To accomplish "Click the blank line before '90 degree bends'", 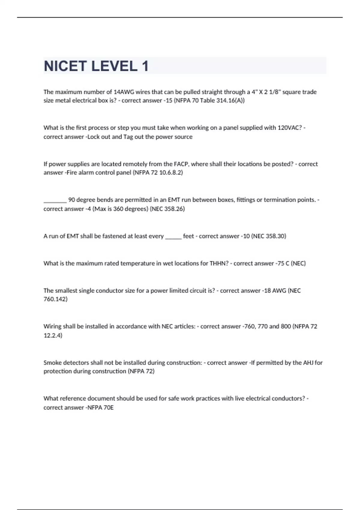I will click(55, 200).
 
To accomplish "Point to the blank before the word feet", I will click(173, 237).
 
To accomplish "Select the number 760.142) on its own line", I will click(55, 299).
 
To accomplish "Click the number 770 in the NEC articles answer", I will click(262, 326).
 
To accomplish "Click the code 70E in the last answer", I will click(109, 408).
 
